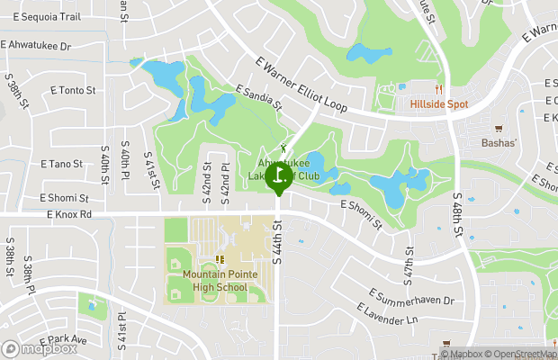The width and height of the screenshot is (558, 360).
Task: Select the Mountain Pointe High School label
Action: pyautogui.click(x=215, y=281)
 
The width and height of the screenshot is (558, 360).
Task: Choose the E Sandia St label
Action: pyautogui.click(x=259, y=99)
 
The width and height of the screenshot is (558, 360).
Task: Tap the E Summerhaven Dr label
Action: pyautogui.click(x=412, y=297)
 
